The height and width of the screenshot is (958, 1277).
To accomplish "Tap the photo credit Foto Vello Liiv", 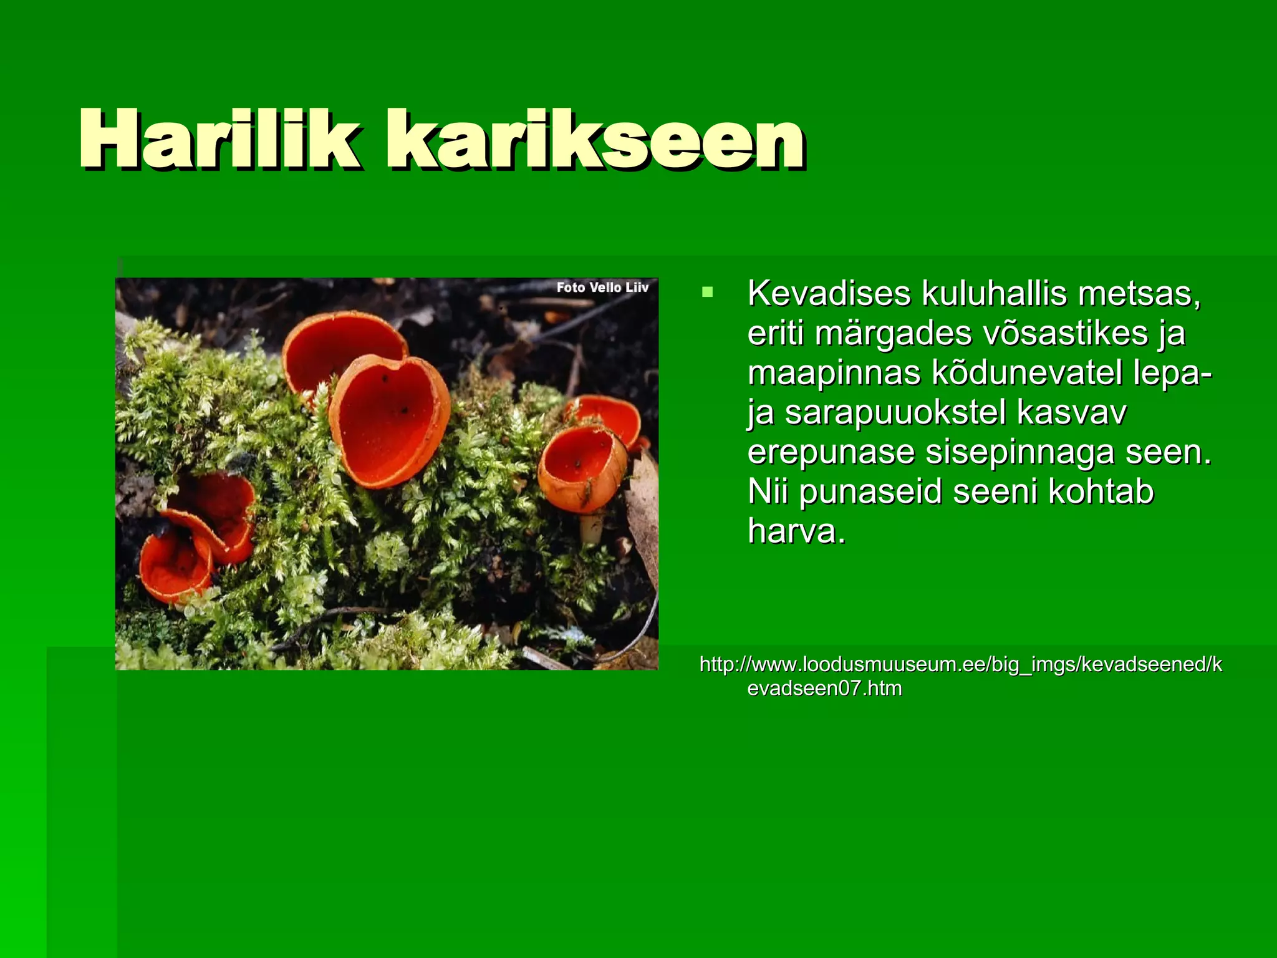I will tap(602, 288).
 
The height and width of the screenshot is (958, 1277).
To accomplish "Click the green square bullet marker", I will tap(707, 291).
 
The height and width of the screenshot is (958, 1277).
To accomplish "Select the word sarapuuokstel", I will tap(895, 412).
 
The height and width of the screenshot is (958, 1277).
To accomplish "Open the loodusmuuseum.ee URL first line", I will tap(960, 665).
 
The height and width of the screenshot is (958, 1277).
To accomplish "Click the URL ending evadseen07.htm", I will tap(824, 689).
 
